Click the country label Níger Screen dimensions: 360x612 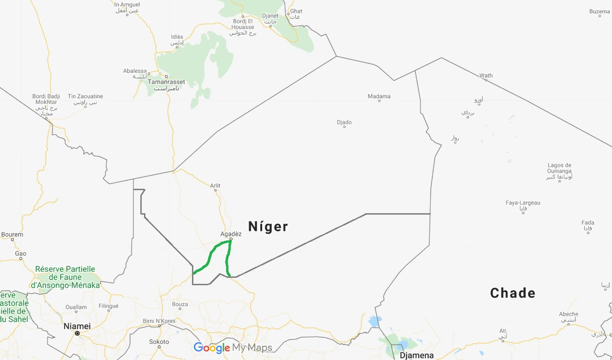click(x=268, y=226)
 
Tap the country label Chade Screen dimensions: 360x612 click(x=513, y=293)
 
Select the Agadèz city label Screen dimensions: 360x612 click(x=231, y=234)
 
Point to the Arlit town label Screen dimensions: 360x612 click(x=215, y=186)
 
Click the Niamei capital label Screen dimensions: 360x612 click(x=77, y=326)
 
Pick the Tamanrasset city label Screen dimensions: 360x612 click(x=166, y=82)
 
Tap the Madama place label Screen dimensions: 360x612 click(x=379, y=96)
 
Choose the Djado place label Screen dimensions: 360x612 click(x=344, y=122)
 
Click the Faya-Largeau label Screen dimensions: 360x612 click(x=523, y=203)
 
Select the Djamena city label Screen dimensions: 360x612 click(x=417, y=355)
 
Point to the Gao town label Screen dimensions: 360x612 click(x=20, y=253)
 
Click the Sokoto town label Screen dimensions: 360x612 click(x=159, y=342)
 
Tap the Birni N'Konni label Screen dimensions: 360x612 click(x=159, y=321)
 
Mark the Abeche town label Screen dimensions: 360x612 click(x=569, y=314)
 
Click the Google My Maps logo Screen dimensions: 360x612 click(x=233, y=348)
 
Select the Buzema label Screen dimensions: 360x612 click(x=599, y=11)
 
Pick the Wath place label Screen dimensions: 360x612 click(x=486, y=75)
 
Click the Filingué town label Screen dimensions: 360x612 click(x=108, y=306)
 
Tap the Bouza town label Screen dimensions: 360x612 click(x=180, y=304)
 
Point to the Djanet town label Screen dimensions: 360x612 click(x=270, y=16)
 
